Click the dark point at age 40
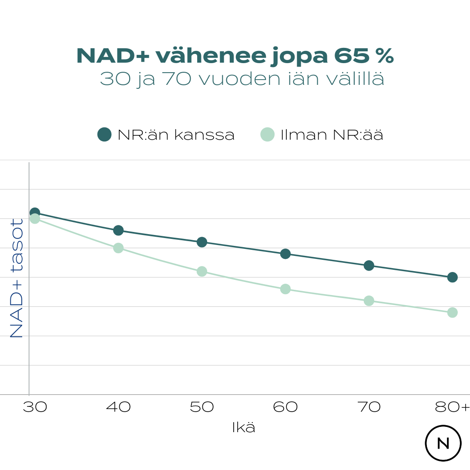point(118,230)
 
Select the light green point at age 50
point(202,271)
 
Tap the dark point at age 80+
point(452,277)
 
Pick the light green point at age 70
point(369,301)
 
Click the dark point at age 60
point(285,254)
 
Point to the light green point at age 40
point(118,248)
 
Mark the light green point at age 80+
point(452,312)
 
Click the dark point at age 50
point(202,242)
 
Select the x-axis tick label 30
point(35,407)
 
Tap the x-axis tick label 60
point(285,407)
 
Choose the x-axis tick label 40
point(118,407)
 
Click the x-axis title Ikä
point(244,428)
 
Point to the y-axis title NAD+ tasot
point(17,279)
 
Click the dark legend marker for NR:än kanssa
point(104,134)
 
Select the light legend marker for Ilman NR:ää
point(267,134)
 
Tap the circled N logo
point(443,443)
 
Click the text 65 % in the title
point(364,56)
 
